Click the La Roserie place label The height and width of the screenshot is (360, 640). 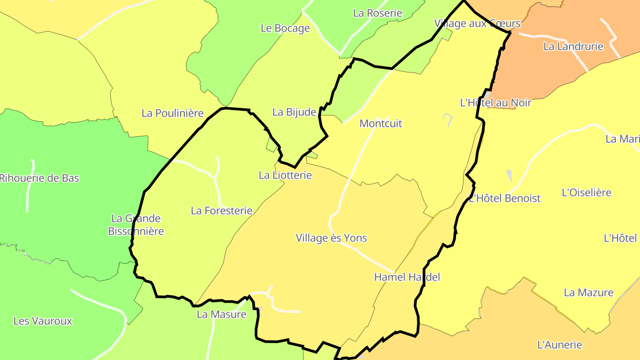click(x=377, y=13)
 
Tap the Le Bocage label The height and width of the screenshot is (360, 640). click(x=285, y=28)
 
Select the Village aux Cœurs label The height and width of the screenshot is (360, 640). click(x=477, y=23)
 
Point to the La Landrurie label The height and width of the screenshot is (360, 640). click(x=573, y=46)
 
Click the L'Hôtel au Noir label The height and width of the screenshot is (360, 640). click(x=496, y=103)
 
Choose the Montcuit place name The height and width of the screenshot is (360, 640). click(x=381, y=124)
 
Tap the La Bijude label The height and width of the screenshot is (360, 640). click(x=294, y=112)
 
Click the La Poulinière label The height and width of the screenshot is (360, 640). click(x=172, y=113)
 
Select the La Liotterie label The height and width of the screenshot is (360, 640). click(x=285, y=175)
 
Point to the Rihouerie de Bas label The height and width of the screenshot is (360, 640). click(x=39, y=178)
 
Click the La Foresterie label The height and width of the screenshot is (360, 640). click(x=221, y=211)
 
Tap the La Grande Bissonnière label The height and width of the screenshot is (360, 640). click(x=136, y=224)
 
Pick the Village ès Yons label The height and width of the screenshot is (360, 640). click(x=332, y=238)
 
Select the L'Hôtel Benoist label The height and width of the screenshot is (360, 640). click(x=505, y=198)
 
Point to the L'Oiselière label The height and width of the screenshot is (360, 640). click(x=587, y=192)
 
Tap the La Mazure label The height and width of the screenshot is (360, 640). click(x=588, y=292)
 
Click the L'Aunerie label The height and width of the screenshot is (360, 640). click(x=560, y=344)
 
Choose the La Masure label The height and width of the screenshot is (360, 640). click(x=221, y=314)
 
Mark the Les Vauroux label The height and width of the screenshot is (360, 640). click(x=43, y=321)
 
